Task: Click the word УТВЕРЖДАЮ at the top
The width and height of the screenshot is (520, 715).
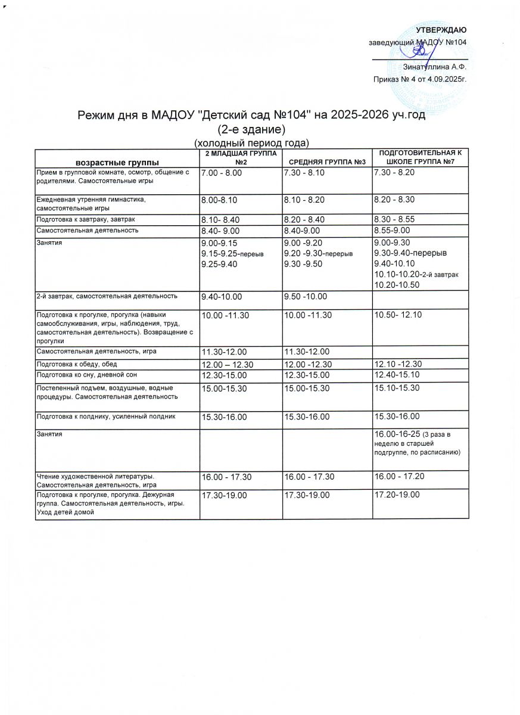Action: pyautogui.click(x=441, y=30)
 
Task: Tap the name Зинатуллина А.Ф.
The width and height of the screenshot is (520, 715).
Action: pyautogui.click(x=434, y=67)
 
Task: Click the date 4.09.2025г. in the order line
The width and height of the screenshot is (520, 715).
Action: pyautogui.click(x=442, y=79)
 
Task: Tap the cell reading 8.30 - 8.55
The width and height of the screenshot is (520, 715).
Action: pyautogui.click(x=394, y=219)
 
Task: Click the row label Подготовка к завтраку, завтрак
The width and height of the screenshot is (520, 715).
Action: pyautogui.click(x=86, y=219)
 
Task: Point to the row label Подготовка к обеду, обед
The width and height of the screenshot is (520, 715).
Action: pyautogui.click(x=77, y=364)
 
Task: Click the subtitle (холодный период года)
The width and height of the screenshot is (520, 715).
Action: pyautogui.click(x=252, y=143)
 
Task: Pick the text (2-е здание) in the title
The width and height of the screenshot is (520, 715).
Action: pyautogui.click(x=253, y=129)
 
